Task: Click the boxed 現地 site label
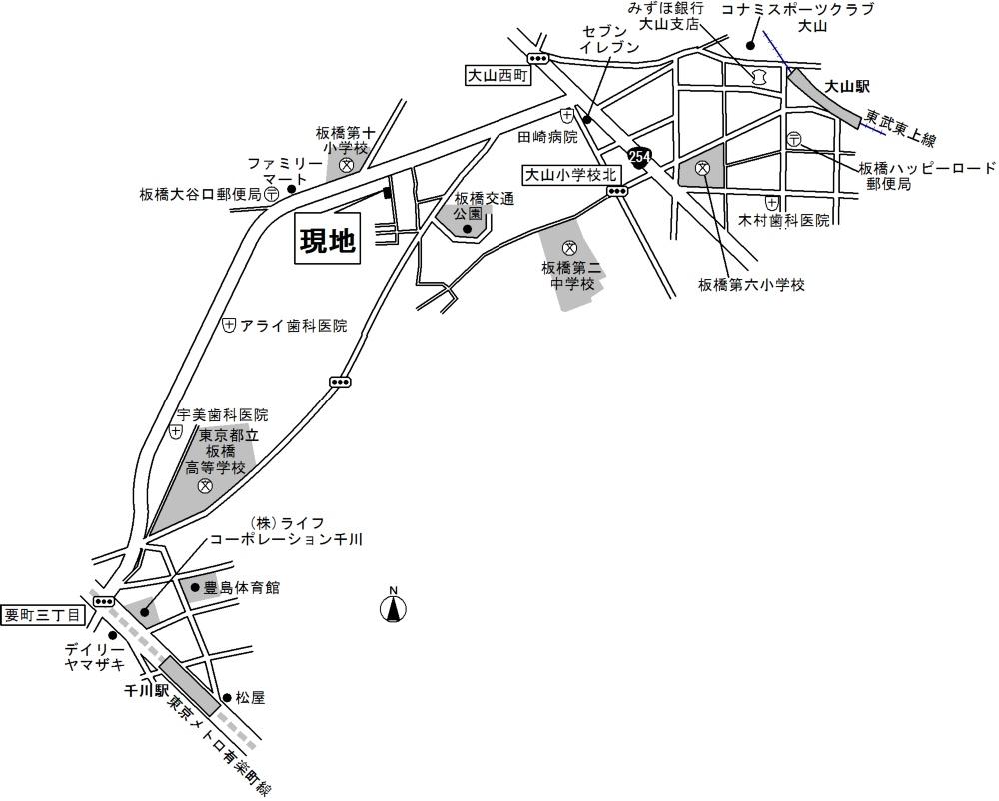(x=328, y=241)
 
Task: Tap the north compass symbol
(x=394, y=606)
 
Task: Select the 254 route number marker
(x=639, y=157)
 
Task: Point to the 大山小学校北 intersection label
(x=573, y=175)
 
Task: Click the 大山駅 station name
(x=848, y=88)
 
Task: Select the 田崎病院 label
(x=547, y=137)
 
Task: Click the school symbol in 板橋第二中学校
(x=570, y=248)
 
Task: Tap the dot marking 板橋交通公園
(x=467, y=229)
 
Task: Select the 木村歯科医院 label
(x=784, y=220)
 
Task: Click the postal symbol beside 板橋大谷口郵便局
(x=272, y=195)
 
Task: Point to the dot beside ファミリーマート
(x=290, y=187)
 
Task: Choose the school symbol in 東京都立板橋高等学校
(x=205, y=486)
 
